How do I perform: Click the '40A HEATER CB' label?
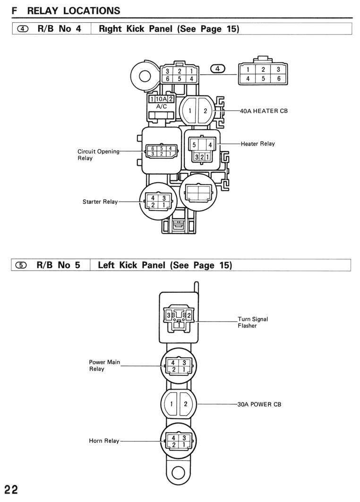tap(264, 111)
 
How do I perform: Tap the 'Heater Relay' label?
tap(258, 144)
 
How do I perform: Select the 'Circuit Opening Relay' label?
tap(98, 154)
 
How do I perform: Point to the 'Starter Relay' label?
tap(100, 202)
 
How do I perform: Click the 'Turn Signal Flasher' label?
tap(253, 323)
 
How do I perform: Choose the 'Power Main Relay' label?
tap(104, 366)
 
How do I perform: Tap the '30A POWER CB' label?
tap(259, 404)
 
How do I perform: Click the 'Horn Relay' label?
tap(104, 441)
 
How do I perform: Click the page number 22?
tap(11, 490)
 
